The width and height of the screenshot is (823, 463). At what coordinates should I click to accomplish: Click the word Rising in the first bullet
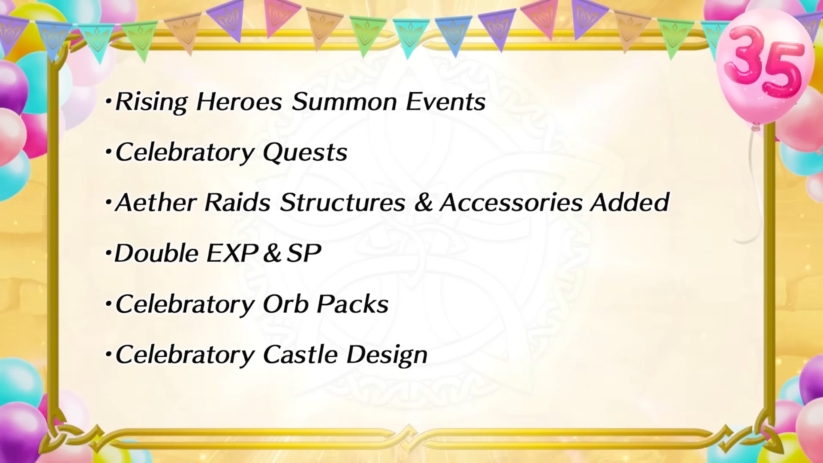151,102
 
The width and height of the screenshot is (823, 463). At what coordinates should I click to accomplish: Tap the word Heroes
239,102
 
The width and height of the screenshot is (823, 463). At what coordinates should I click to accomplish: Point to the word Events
445,102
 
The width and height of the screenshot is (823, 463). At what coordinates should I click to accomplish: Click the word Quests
305,153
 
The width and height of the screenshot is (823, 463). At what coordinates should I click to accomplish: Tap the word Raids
237,202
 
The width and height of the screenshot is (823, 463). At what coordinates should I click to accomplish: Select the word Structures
342,202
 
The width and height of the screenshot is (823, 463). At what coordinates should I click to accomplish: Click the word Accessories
511,202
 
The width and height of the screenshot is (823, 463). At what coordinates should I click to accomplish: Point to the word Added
630,202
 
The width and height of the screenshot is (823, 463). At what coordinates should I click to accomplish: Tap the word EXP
232,253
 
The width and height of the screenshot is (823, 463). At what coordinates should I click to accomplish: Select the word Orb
285,304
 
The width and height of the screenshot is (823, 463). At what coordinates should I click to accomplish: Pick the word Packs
352,304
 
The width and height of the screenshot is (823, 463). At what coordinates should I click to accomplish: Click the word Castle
300,355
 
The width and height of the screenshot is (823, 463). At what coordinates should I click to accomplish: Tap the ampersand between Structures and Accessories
423,202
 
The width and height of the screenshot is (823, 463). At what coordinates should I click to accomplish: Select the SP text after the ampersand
303,253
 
